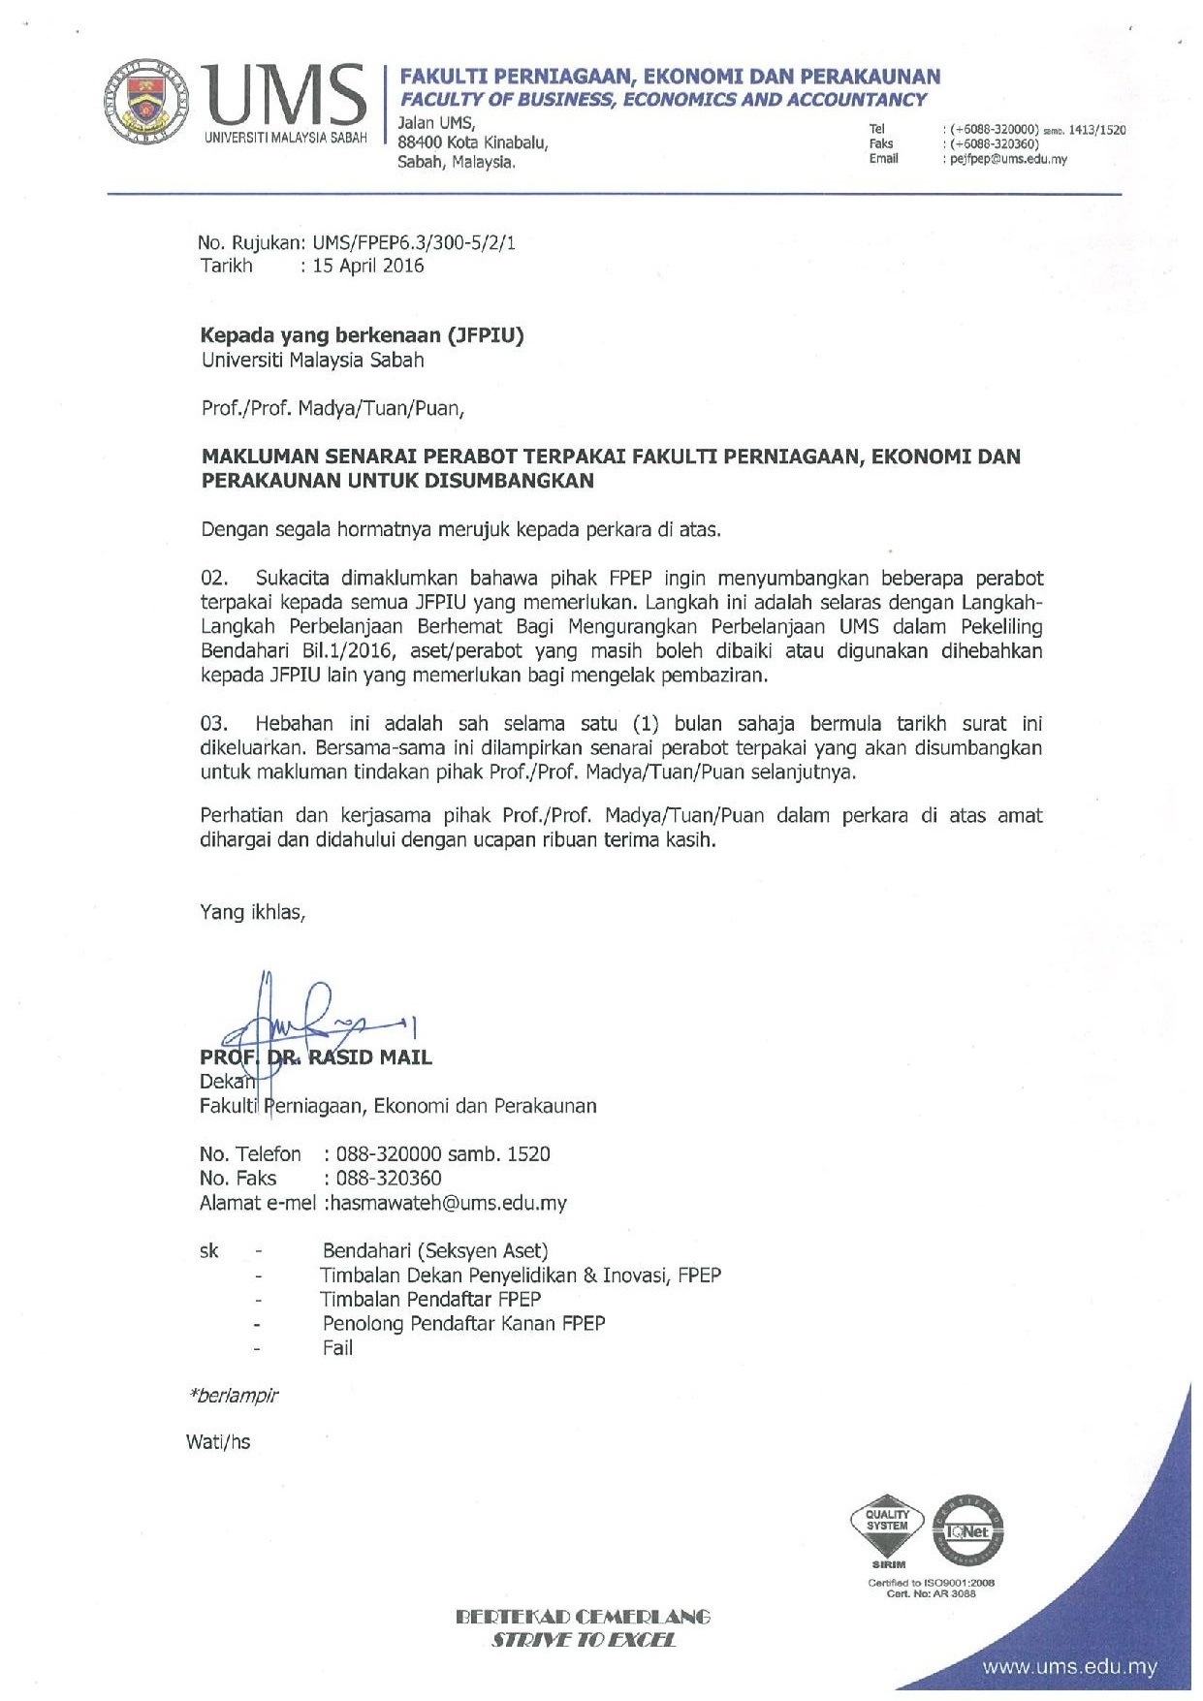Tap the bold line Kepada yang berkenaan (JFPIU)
point(362,335)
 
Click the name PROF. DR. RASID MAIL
point(316,1057)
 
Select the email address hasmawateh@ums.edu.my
point(447,1203)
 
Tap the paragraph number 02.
point(213,579)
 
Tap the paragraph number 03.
point(213,724)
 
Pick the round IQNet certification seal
point(967,1530)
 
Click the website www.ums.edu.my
point(1069,1668)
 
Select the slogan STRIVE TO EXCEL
point(584,1640)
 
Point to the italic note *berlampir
point(235,1396)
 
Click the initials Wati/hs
point(218,1442)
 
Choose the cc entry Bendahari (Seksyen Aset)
point(435,1251)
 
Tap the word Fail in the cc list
point(337,1348)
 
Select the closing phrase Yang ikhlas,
point(252,912)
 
